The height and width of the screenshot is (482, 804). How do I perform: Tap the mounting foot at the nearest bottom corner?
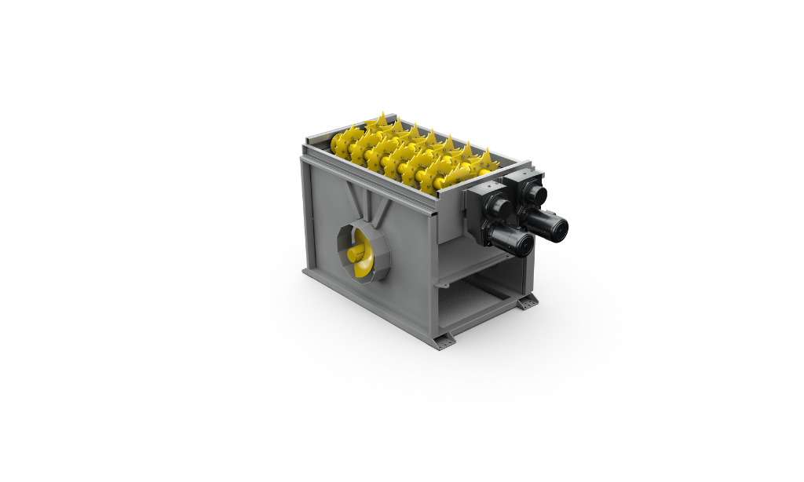(x=446, y=341)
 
